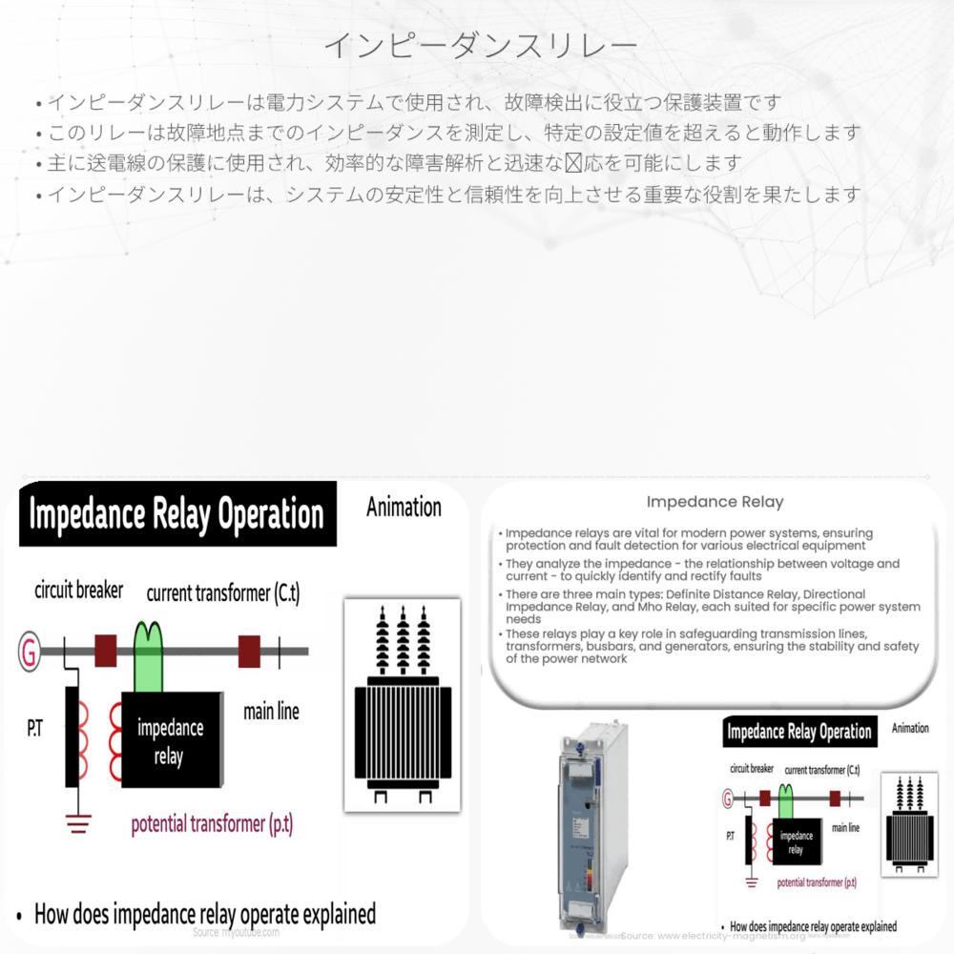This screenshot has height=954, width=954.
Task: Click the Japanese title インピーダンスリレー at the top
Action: pos(479,45)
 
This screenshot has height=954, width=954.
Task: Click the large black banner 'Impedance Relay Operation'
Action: pos(176,514)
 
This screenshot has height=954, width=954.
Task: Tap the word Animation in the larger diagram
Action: pos(404,508)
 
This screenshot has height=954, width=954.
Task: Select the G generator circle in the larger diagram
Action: pos(28,653)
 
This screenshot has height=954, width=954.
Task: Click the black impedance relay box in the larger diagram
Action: pos(171,739)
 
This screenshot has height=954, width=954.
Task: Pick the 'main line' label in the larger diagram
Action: pos(271,711)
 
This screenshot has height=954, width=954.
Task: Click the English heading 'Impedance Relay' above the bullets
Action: pos(715,502)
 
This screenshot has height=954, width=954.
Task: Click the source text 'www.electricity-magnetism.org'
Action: pos(725,936)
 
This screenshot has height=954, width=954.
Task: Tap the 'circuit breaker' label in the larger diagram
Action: pos(78,591)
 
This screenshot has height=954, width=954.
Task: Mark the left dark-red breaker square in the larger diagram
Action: pos(105,652)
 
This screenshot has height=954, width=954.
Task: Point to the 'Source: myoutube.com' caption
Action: pos(236,932)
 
